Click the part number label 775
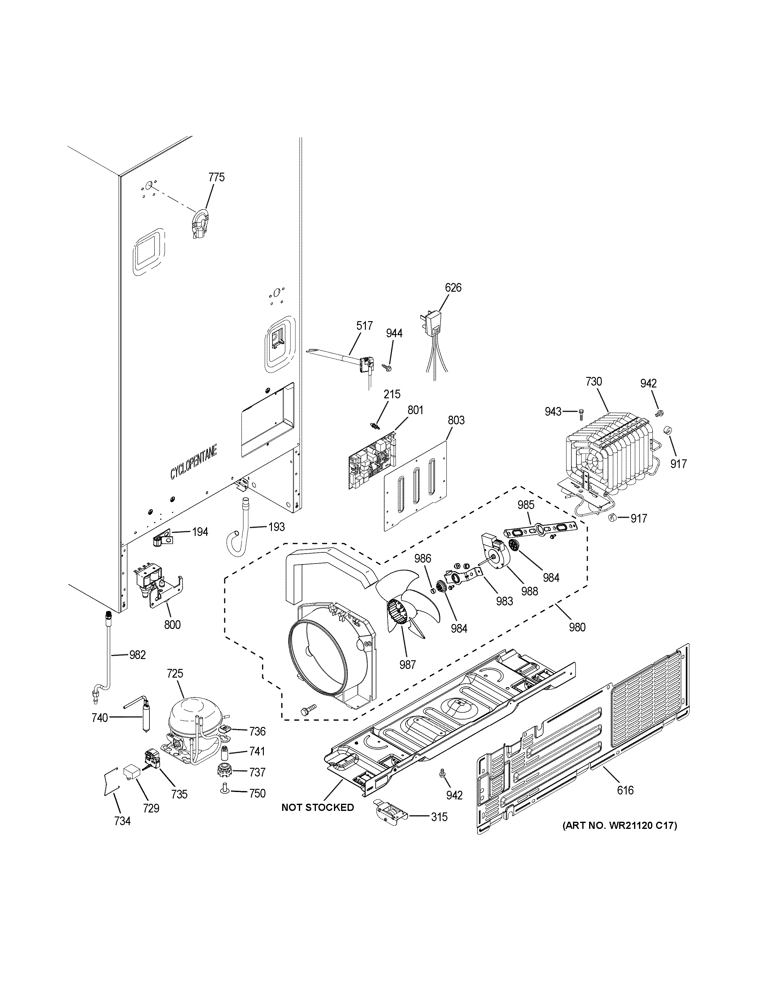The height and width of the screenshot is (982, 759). (216, 177)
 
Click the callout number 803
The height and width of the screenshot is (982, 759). (456, 420)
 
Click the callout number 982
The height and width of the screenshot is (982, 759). (137, 655)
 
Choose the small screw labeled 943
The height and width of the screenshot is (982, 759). (581, 411)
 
